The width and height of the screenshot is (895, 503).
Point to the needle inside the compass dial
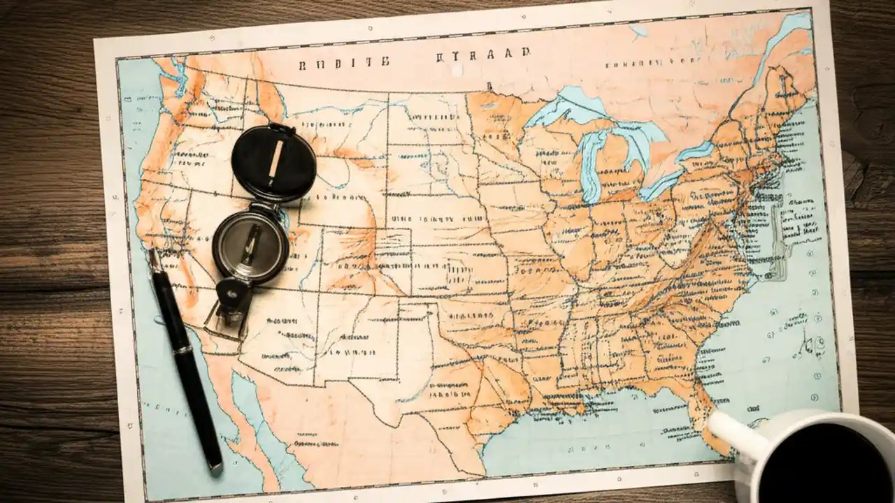pyautogui.click(x=250, y=245)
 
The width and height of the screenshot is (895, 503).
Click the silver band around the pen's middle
pyautogui.click(x=182, y=347)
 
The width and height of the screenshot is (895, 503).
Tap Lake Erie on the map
pyautogui.click(x=661, y=183)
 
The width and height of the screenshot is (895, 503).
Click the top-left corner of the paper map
pyautogui.click(x=96, y=39)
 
